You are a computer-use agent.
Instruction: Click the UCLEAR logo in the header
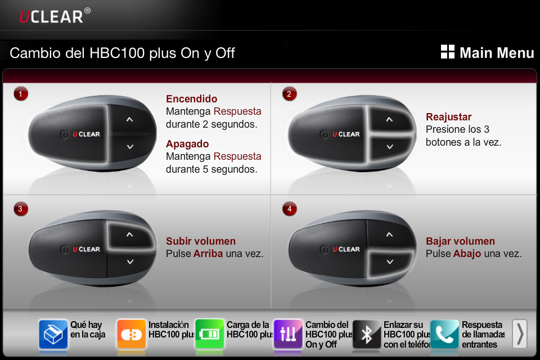tap(55, 16)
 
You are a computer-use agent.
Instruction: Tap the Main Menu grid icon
tap(448, 52)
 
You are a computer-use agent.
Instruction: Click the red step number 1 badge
tap(21, 94)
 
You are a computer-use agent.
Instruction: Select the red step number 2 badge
tap(289, 94)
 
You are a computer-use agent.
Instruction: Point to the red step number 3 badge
tap(21, 209)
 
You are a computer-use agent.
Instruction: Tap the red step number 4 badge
tap(289, 209)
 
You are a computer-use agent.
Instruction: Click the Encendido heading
tap(191, 99)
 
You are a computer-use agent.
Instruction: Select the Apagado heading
tap(187, 144)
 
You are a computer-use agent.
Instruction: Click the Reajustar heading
tap(449, 117)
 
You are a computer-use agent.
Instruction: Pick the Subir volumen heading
tap(201, 241)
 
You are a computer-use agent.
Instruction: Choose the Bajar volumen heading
tap(461, 241)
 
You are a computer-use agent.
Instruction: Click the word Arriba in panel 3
tap(208, 254)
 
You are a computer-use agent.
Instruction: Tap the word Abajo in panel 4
tap(467, 254)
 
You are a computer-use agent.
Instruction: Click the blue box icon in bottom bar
tap(53, 334)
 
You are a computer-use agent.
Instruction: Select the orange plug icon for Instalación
tap(131, 334)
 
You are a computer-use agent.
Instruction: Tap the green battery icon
tap(209, 334)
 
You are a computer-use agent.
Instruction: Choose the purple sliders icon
tap(288, 334)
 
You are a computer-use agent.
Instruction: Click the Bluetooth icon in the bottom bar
tap(367, 334)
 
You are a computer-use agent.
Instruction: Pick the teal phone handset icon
tap(444, 334)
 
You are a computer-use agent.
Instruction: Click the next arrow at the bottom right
tap(520, 334)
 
